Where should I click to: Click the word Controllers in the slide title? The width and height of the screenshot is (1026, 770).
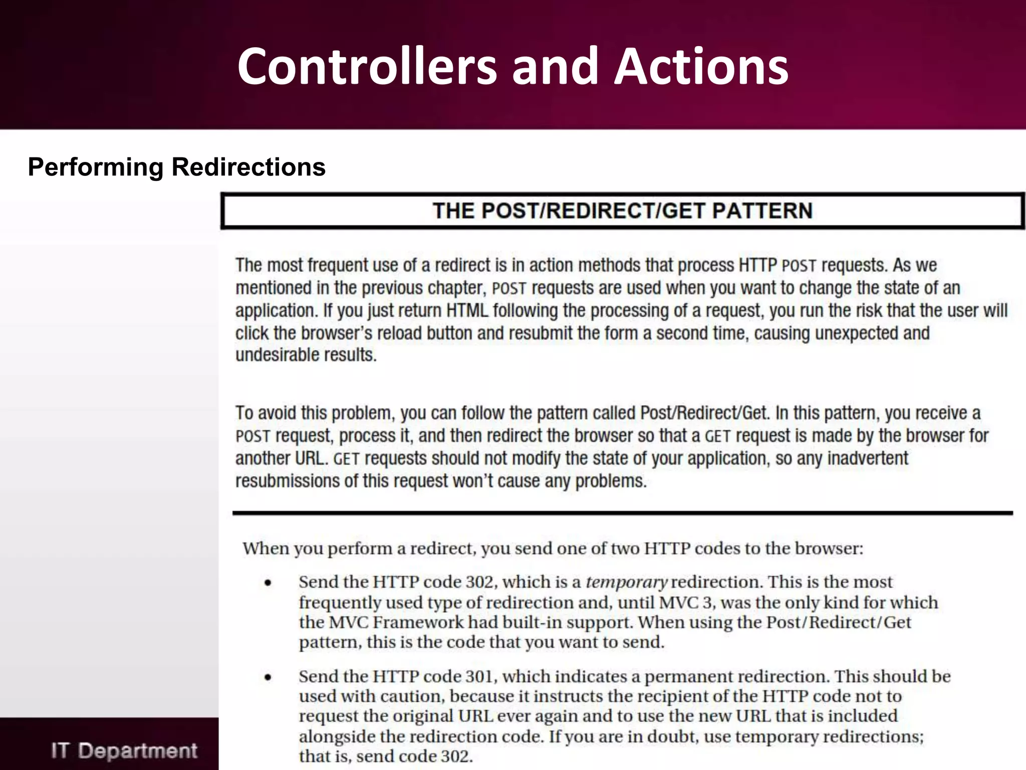(x=367, y=66)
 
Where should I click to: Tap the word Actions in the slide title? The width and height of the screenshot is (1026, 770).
(x=701, y=66)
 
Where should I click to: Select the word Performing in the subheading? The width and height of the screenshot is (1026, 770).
(x=95, y=167)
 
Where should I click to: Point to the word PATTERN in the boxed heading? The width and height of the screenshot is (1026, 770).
(x=762, y=211)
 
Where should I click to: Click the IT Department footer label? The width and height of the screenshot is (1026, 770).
(x=124, y=750)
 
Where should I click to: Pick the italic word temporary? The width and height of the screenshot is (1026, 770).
(x=626, y=582)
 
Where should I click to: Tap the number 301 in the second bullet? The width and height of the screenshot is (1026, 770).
(x=479, y=676)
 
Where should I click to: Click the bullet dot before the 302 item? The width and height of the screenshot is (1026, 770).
(x=268, y=583)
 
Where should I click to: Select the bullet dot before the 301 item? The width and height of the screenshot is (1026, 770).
(x=268, y=677)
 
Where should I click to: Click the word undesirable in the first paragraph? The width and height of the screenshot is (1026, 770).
(x=279, y=355)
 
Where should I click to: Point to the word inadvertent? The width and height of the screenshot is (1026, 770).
(x=867, y=458)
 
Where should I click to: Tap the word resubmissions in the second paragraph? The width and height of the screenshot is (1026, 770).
(x=287, y=481)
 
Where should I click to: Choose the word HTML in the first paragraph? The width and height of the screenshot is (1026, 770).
(x=467, y=310)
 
